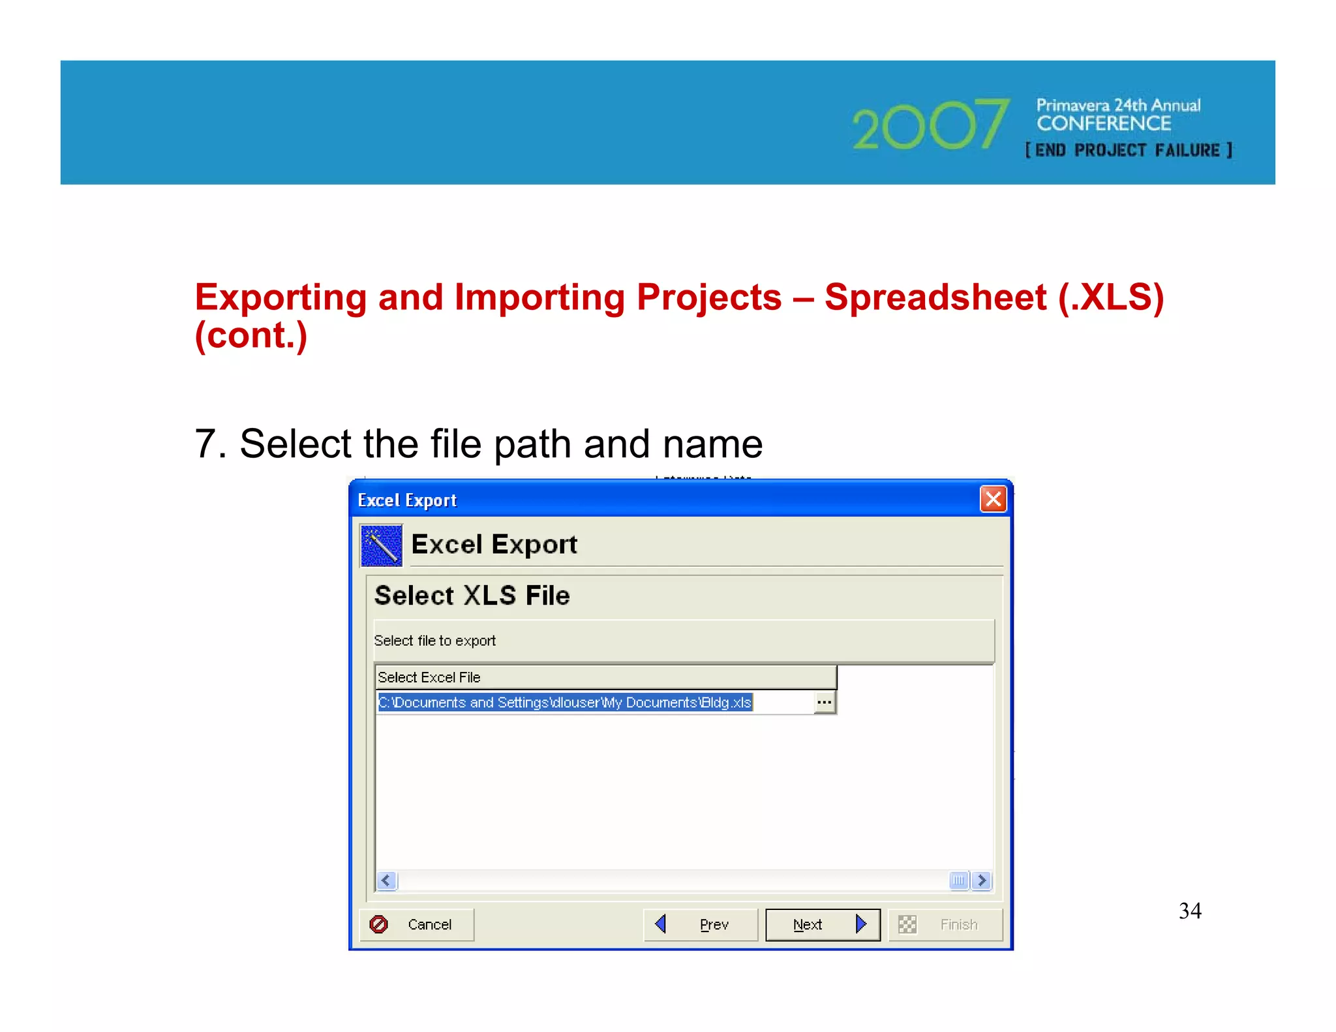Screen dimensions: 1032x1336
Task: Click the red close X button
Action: pyautogui.click(x=993, y=500)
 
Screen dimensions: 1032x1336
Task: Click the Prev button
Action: pyautogui.click(x=700, y=924)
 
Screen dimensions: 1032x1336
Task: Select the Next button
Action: pyautogui.click(x=822, y=924)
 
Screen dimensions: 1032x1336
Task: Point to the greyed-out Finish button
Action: pyautogui.click(x=945, y=924)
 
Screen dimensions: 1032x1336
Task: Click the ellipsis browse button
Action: pyautogui.click(x=825, y=703)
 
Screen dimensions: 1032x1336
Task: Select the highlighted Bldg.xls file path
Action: pyautogui.click(x=565, y=703)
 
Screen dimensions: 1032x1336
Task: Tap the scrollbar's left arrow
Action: pyautogui.click(x=386, y=881)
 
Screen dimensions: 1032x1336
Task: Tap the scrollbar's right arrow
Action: pyautogui.click(x=982, y=881)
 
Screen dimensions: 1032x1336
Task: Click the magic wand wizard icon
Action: pyautogui.click(x=381, y=545)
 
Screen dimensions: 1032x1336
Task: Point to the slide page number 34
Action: pyautogui.click(x=1190, y=911)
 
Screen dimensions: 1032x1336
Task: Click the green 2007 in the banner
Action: pyautogui.click(x=930, y=125)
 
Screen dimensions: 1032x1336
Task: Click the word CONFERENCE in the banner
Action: pyautogui.click(x=1104, y=123)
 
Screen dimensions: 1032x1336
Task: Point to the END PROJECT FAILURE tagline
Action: pyautogui.click(x=1129, y=151)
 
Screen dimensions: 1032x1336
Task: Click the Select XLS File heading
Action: pyautogui.click(x=472, y=596)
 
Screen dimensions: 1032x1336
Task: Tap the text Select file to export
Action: pyautogui.click(x=435, y=641)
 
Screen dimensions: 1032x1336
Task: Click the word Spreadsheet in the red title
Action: pyautogui.click(x=935, y=297)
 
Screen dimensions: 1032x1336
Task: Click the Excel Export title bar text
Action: pyautogui.click(x=407, y=500)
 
